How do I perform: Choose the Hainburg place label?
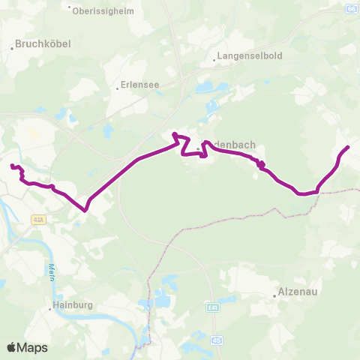[x=73, y=306]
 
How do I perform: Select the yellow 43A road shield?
[x=39, y=220]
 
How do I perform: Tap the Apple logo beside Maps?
[x=12, y=347]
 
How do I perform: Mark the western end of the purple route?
[x=11, y=165]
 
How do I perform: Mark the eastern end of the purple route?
[x=349, y=147]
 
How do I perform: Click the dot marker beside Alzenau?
[x=275, y=295]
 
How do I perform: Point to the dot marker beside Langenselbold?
[x=214, y=57]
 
